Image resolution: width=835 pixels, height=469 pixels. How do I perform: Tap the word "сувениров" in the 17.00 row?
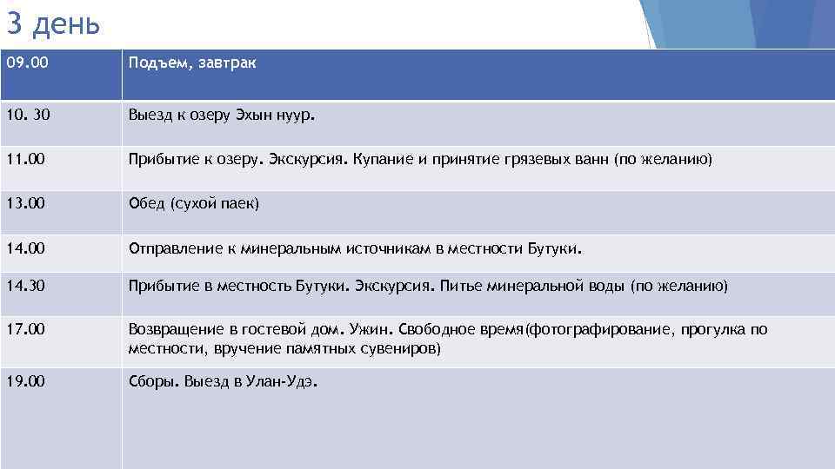tap(404, 348)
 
